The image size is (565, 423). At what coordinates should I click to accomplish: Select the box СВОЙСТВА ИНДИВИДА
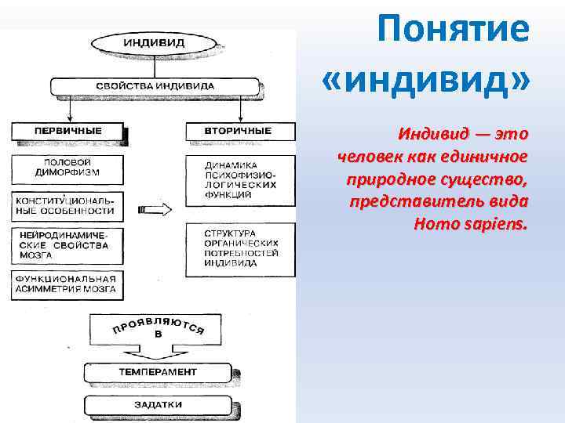coord(155,85)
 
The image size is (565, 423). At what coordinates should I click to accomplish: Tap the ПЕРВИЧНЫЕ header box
coord(67,130)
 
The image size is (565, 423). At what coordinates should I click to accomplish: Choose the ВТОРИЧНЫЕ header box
coord(241,130)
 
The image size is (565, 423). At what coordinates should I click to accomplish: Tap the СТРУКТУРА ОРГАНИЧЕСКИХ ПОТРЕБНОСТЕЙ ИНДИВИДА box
coord(241,248)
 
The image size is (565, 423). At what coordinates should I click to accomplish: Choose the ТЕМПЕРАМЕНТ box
coord(158,371)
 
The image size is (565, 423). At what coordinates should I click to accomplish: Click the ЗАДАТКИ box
coord(158,405)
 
